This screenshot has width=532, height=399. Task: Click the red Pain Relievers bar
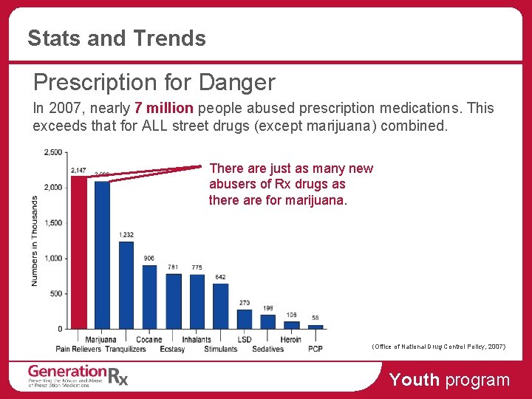tap(78, 252)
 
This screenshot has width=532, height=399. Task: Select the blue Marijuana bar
tap(102, 255)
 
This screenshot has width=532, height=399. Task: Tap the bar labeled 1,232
tap(126, 284)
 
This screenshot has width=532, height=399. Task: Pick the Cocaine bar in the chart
tap(149, 296)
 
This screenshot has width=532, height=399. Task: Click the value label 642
tap(220, 277)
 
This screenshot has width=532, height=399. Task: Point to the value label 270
tap(244, 303)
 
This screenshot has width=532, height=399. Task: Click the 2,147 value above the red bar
tap(78, 171)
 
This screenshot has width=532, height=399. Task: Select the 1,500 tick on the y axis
tap(52, 222)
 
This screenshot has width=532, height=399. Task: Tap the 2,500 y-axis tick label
tap(52, 152)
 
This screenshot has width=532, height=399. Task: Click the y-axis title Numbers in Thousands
tap(34, 240)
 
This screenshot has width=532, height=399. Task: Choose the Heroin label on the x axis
tap(291, 340)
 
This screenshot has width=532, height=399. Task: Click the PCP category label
tap(316, 349)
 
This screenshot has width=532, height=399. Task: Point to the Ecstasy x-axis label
tap(172, 349)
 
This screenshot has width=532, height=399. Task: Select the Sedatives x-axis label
tap(267, 349)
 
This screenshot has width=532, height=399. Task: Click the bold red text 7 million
tap(164, 108)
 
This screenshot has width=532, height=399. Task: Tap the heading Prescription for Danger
tap(154, 82)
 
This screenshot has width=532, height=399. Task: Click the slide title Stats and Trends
tap(117, 38)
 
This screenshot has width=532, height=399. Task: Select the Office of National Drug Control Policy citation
tap(439, 346)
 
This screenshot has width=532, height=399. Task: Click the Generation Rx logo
tap(78, 375)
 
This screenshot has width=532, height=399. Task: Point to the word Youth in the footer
tap(414, 380)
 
